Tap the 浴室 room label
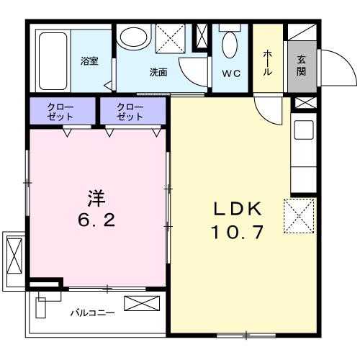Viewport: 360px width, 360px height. point(89,61)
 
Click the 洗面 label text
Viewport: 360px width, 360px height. point(158,72)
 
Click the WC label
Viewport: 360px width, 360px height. point(231,73)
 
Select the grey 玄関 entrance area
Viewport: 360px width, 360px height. point(300,68)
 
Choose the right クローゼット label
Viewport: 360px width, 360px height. point(132,112)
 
